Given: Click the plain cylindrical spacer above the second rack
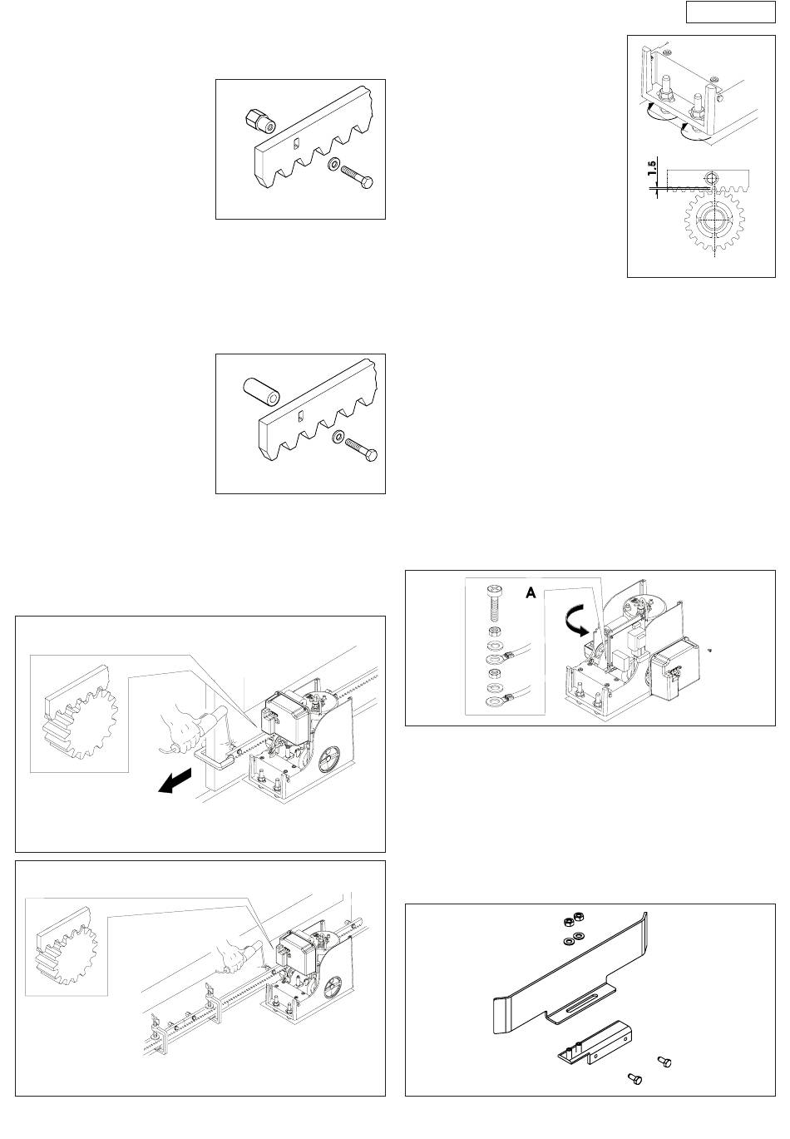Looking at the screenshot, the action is tap(261, 392).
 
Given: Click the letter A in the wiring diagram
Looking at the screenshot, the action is tap(531, 592).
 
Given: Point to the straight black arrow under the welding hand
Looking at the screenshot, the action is tap(175, 781).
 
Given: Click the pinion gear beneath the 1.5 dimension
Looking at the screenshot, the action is tap(714, 220).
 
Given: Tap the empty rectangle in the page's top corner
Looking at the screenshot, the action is tap(730, 12).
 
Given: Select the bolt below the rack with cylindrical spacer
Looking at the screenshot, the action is tap(360, 448).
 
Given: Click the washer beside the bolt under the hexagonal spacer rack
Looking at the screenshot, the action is tap(334, 165).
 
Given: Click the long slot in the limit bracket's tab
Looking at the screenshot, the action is tap(579, 995).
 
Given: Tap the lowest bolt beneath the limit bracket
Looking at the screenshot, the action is tap(635, 1078).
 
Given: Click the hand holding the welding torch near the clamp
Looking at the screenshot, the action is tap(182, 728).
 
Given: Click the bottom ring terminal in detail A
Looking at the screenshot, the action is tap(494, 703).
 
